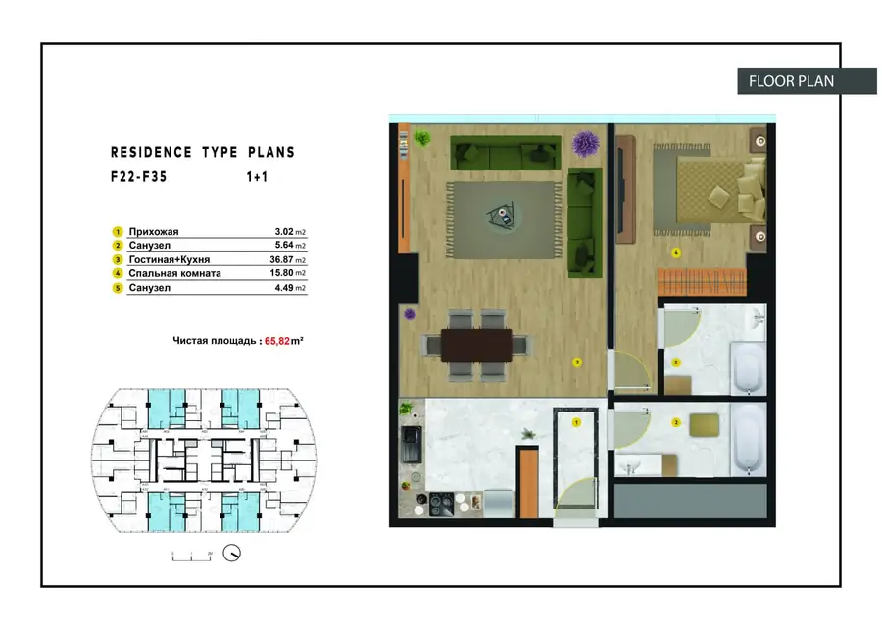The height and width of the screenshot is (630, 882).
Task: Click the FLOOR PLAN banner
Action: coord(792,80)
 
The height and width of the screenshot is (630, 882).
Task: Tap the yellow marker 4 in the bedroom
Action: coord(675,252)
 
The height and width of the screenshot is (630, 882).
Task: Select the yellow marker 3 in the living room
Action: coord(578,363)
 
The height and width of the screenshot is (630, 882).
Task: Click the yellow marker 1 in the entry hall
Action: coord(577,422)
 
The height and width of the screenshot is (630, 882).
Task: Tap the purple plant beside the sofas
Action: coord(586,145)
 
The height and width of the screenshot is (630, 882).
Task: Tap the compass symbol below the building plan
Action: coord(232,554)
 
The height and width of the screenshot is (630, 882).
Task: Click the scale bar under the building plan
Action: coord(193,556)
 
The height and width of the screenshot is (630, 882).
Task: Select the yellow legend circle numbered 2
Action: coord(117,246)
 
